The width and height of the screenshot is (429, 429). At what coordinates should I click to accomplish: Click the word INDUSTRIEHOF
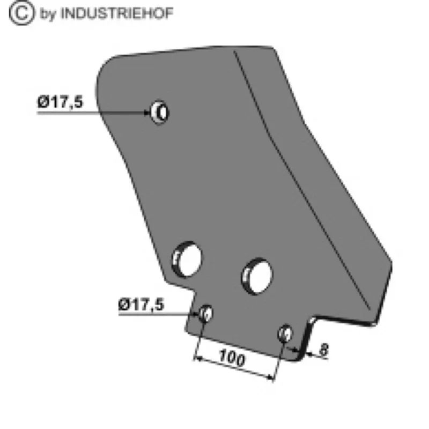pyautogui.click(x=116, y=13)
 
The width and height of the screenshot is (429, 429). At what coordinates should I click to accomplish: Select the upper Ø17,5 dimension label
pyautogui.click(x=60, y=102)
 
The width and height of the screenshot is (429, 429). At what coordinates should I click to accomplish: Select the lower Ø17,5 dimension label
pyautogui.click(x=141, y=305)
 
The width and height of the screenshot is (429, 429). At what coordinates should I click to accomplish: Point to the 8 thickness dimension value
pyautogui.click(x=324, y=350)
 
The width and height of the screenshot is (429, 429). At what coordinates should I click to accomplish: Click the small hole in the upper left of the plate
pyautogui.click(x=160, y=112)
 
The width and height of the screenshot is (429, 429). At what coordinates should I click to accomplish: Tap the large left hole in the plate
pyautogui.click(x=187, y=260)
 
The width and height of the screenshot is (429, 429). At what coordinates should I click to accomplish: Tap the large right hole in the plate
pyautogui.click(x=257, y=276)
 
